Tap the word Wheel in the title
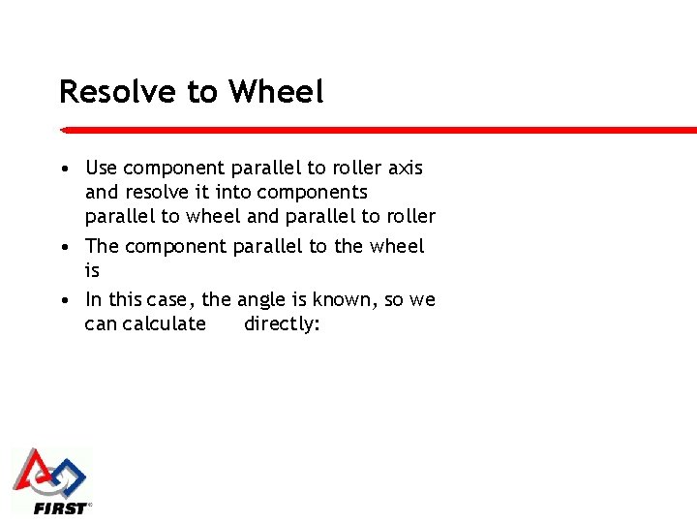[276, 92]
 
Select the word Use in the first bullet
[102, 169]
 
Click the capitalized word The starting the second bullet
[103, 247]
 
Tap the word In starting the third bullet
[93, 300]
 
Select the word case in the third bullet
[172, 300]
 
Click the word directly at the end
[282, 324]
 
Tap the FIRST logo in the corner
[50, 481]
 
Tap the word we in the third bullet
[423, 300]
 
